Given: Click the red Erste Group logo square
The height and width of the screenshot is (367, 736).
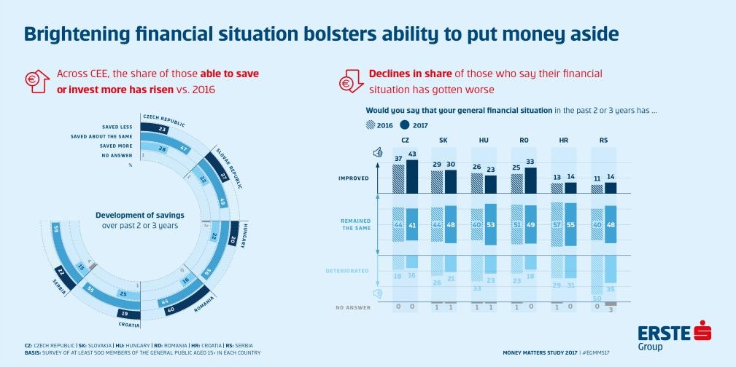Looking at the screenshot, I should click(x=702, y=332).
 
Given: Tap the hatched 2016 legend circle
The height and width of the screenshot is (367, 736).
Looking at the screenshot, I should click(x=370, y=125).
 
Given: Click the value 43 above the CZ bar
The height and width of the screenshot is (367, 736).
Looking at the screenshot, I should click(x=414, y=154).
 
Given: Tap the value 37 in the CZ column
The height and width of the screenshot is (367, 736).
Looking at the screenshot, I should click(x=398, y=159).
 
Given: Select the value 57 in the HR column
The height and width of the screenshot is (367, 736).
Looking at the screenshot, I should click(x=557, y=224).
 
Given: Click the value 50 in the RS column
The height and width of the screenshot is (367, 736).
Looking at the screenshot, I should click(x=596, y=299).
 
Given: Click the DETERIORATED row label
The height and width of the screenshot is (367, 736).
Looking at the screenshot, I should click(x=349, y=270).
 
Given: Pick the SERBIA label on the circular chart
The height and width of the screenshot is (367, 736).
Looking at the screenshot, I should click(x=59, y=282).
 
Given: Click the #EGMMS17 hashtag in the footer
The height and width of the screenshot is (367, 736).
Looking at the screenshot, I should click(x=597, y=352).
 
